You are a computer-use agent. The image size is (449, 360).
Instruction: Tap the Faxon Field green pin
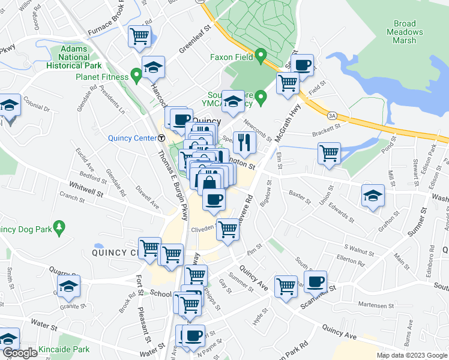(x=261, y=56)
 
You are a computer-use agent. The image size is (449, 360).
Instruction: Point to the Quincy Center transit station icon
(x=161, y=138)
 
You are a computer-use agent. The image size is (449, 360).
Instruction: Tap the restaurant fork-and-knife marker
(x=244, y=142)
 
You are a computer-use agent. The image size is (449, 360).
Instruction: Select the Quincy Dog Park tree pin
(x=59, y=227)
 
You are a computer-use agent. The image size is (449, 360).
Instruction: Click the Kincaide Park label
(x=64, y=349)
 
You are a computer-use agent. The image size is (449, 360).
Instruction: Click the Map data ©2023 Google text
(x=411, y=355)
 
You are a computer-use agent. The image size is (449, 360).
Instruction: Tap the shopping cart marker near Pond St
(x=329, y=153)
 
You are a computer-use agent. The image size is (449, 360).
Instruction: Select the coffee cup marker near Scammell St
(x=315, y=281)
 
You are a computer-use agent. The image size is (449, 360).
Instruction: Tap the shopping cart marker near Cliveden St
(x=227, y=229)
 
